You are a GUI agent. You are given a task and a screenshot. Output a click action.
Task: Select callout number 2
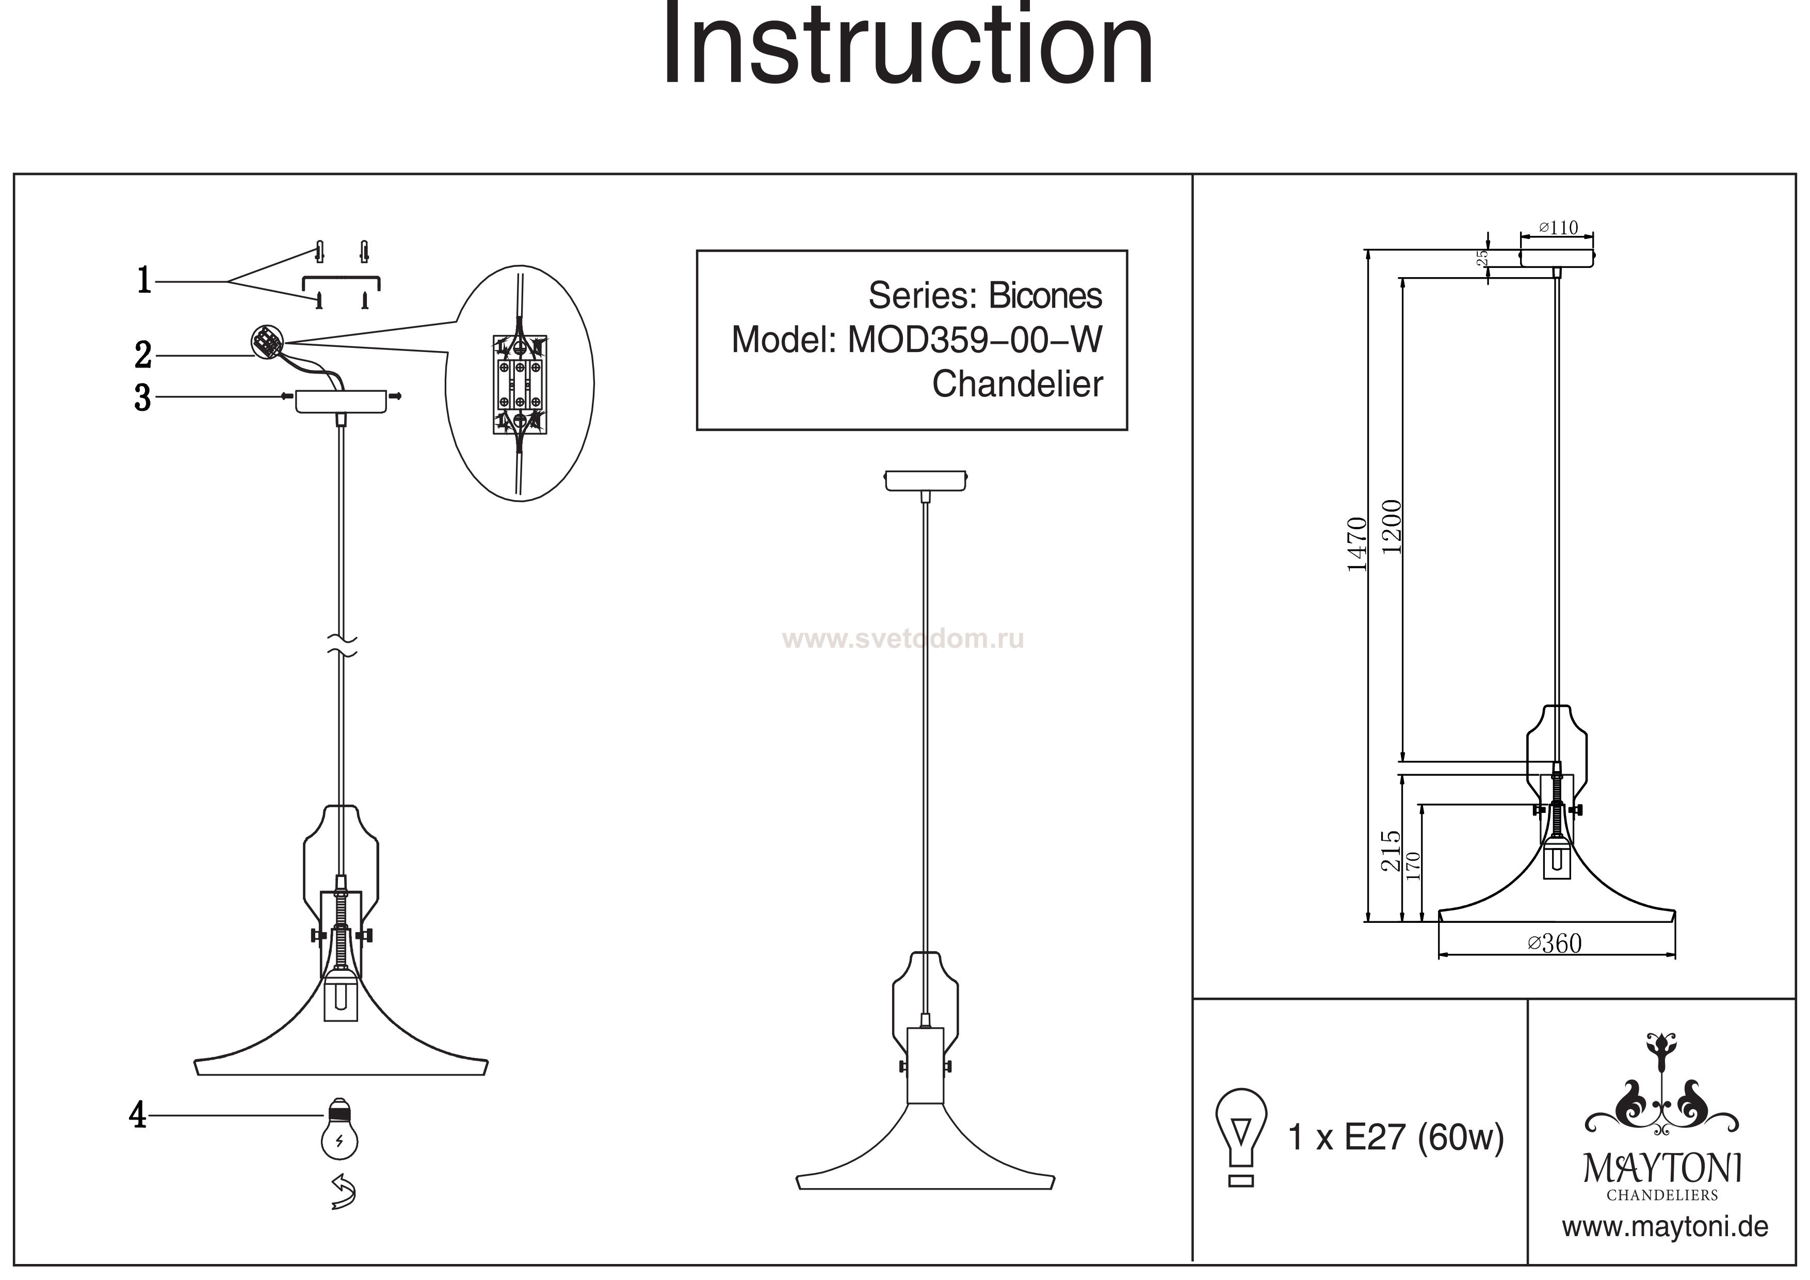(143, 355)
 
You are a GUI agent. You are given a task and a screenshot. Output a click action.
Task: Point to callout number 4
(138, 1115)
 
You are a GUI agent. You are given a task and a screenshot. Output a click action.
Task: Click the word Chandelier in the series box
(1017, 385)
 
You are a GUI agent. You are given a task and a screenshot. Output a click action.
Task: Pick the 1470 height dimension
(1356, 544)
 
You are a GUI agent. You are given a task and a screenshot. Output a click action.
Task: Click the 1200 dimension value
(1393, 527)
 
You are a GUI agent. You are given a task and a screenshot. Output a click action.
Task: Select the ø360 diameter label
(1555, 943)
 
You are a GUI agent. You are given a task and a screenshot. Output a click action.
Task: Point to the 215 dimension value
(1392, 850)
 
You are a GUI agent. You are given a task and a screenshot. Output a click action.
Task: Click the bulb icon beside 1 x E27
(1241, 1135)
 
